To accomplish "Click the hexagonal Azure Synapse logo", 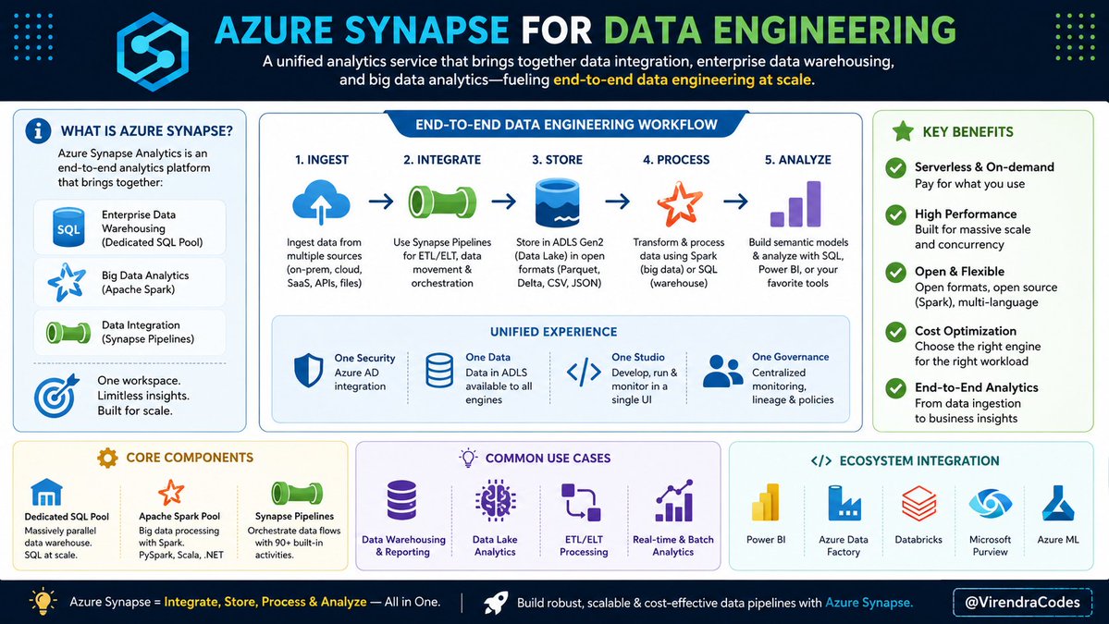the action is [153, 51].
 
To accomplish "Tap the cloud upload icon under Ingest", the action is [321, 202].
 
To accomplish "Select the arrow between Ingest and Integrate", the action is [381, 202].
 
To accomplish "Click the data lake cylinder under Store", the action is [558, 202].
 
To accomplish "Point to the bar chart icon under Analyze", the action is [795, 203].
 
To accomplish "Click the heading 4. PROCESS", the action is [676, 160].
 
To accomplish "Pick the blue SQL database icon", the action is [68, 227].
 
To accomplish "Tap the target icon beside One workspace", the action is [56, 395].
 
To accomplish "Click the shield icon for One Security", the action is [308, 371].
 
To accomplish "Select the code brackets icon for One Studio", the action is [585, 372].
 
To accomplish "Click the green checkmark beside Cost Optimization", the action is [896, 332].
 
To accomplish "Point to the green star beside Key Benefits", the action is [903, 131].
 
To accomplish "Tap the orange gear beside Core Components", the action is [107, 458].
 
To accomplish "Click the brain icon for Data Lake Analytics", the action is [495, 500].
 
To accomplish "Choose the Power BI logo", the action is [765, 503].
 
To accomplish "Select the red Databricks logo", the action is [918, 503].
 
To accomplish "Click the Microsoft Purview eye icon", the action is [991, 504].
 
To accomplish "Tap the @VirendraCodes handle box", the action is [1022, 602].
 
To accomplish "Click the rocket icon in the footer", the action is [496, 603].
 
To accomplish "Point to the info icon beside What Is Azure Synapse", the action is [38, 130].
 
